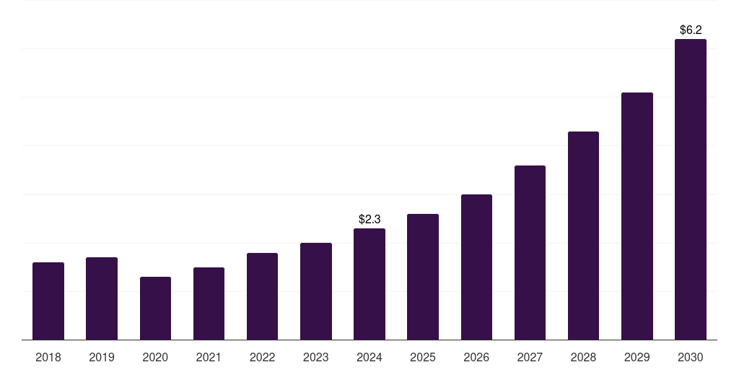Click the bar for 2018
(x=48, y=301)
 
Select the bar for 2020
(x=155, y=308)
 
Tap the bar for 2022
(x=262, y=296)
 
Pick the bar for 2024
(x=369, y=284)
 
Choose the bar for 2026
(x=476, y=267)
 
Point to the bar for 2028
(x=583, y=236)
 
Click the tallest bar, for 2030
(x=691, y=189)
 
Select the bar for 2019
(x=102, y=298)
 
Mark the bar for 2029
(x=637, y=216)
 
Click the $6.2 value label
(x=691, y=30)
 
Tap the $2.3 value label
(x=369, y=219)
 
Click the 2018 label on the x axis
(x=48, y=357)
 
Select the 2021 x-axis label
(x=209, y=357)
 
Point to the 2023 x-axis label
(x=316, y=357)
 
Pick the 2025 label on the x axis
(x=423, y=357)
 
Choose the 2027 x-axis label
(x=530, y=357)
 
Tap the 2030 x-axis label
(x=691, y=357)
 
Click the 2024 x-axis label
(x=369, y=357)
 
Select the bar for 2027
(x=530, y=252)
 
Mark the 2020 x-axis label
(x=155, y=357)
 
